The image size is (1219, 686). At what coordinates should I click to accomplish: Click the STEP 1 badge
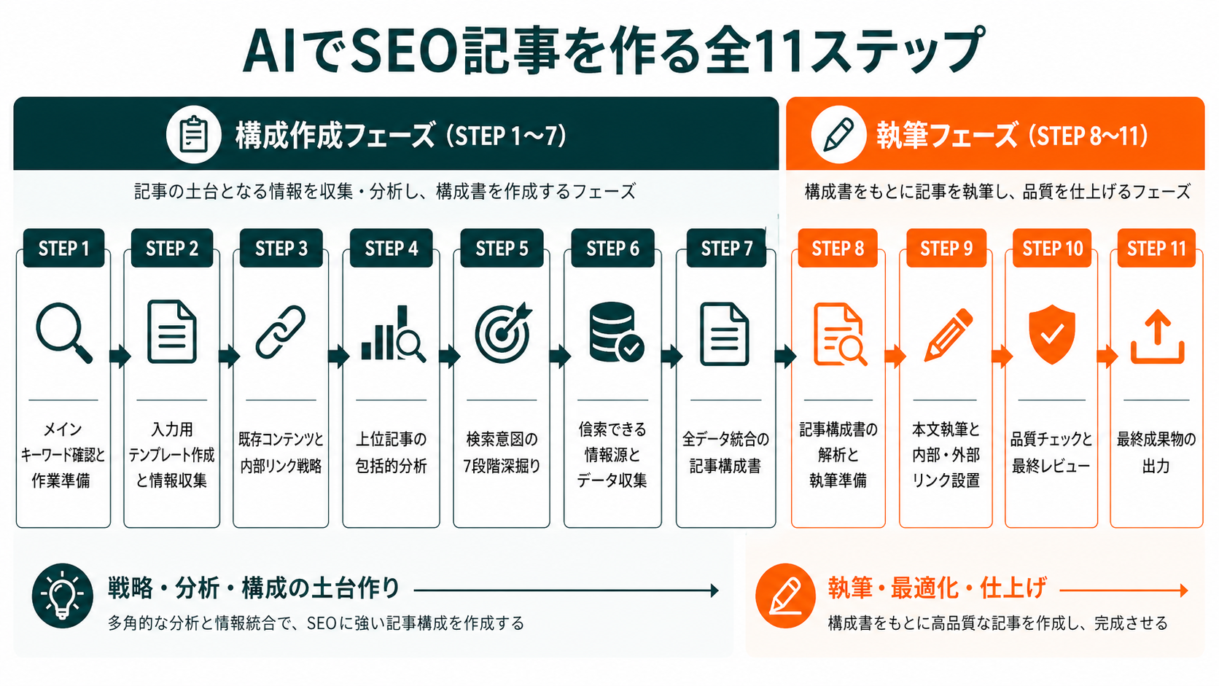pyautogui.click(x=63, y=249)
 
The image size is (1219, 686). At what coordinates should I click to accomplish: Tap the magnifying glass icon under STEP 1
pyautogui.click(x=63, y=333)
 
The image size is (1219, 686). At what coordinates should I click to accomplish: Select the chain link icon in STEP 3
pyautogui.click(x=281, y=332)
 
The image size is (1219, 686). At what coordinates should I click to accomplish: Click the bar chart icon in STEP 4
pyautogui.click(x=392, y=335)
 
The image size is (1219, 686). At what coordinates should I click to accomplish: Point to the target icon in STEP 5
pyautogui.click(x=502, y=333)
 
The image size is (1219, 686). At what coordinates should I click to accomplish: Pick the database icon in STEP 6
pyautogui.click(x=615, y=332)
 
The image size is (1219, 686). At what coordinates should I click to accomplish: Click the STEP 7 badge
pyautogui.click(x=726, y=249)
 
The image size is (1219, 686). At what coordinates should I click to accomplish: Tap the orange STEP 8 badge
pyautogui.click(x=838, y=249)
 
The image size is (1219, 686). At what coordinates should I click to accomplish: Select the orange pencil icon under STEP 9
pyautogui.click(x=948, y=335)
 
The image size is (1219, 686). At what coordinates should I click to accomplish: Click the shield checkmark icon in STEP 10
pyautogui.click(x=1051, y=334)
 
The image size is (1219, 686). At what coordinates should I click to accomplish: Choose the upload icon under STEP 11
pyautogui.click(x=1157, y=337)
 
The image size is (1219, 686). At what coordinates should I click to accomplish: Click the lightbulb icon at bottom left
pyautogui.click(x=63, y=596)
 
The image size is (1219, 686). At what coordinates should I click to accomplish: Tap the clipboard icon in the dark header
pyautogui.click(x=193, y=135)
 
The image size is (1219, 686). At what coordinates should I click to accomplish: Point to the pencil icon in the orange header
pyautogui.click(x=838, y=135)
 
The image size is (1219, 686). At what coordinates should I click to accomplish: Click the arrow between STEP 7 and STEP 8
pyautogui.click(x=784, y=356)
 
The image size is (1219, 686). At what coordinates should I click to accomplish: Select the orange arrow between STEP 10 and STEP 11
pyautogui.click(x=1106, y=356)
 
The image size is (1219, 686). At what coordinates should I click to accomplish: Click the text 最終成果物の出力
pyautogui.click(x=1156, y=452)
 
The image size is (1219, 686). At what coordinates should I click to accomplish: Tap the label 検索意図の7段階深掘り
pyautogui.click(x=502, y=452)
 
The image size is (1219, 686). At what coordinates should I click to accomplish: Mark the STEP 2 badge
pyautogui.click(x=172, y=249)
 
